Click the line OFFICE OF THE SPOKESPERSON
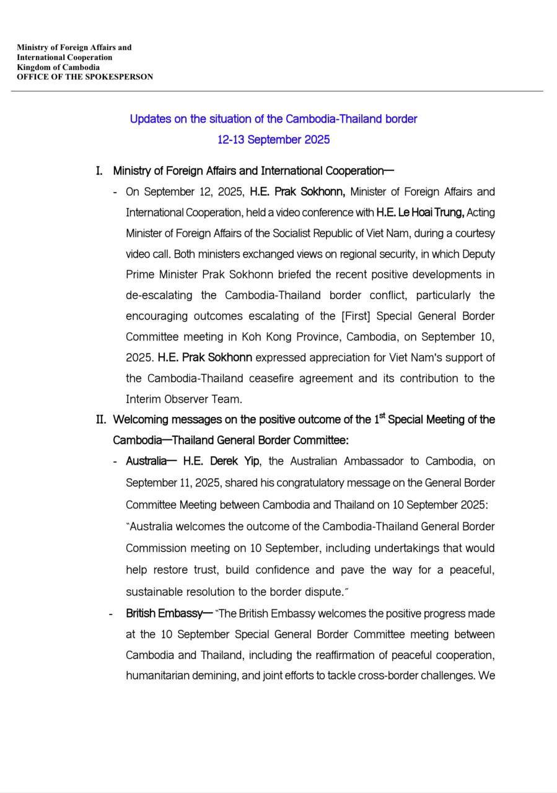(x=85, y=77)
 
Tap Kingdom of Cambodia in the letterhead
(x=58, y=67)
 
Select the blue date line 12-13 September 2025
(x=273, y=139)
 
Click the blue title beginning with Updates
(x=273, y=118)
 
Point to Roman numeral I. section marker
(x=99, y=171)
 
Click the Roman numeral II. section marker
(x=102, y=419)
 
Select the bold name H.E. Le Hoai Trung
(x=420, y=212)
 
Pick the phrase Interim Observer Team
(x=183, y=399)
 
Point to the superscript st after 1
(x=382, y=416)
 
